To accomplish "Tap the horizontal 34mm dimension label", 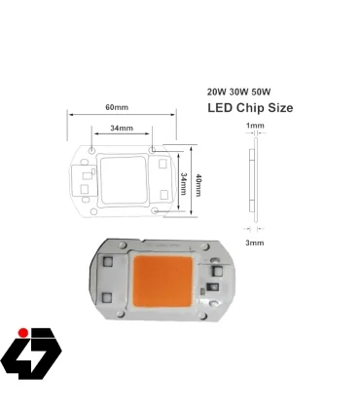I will (x=121, y=128).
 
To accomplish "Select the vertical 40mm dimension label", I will (x=198, y=182).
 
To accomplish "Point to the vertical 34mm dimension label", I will (x=184, y=182).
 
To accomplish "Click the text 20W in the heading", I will (x=217, y=91).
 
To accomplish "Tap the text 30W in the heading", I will (x=240, y=91).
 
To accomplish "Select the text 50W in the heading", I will (x=264, y=91).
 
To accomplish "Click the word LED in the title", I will (x=223, y=108).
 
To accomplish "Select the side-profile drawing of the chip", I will (x=255, y=183).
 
